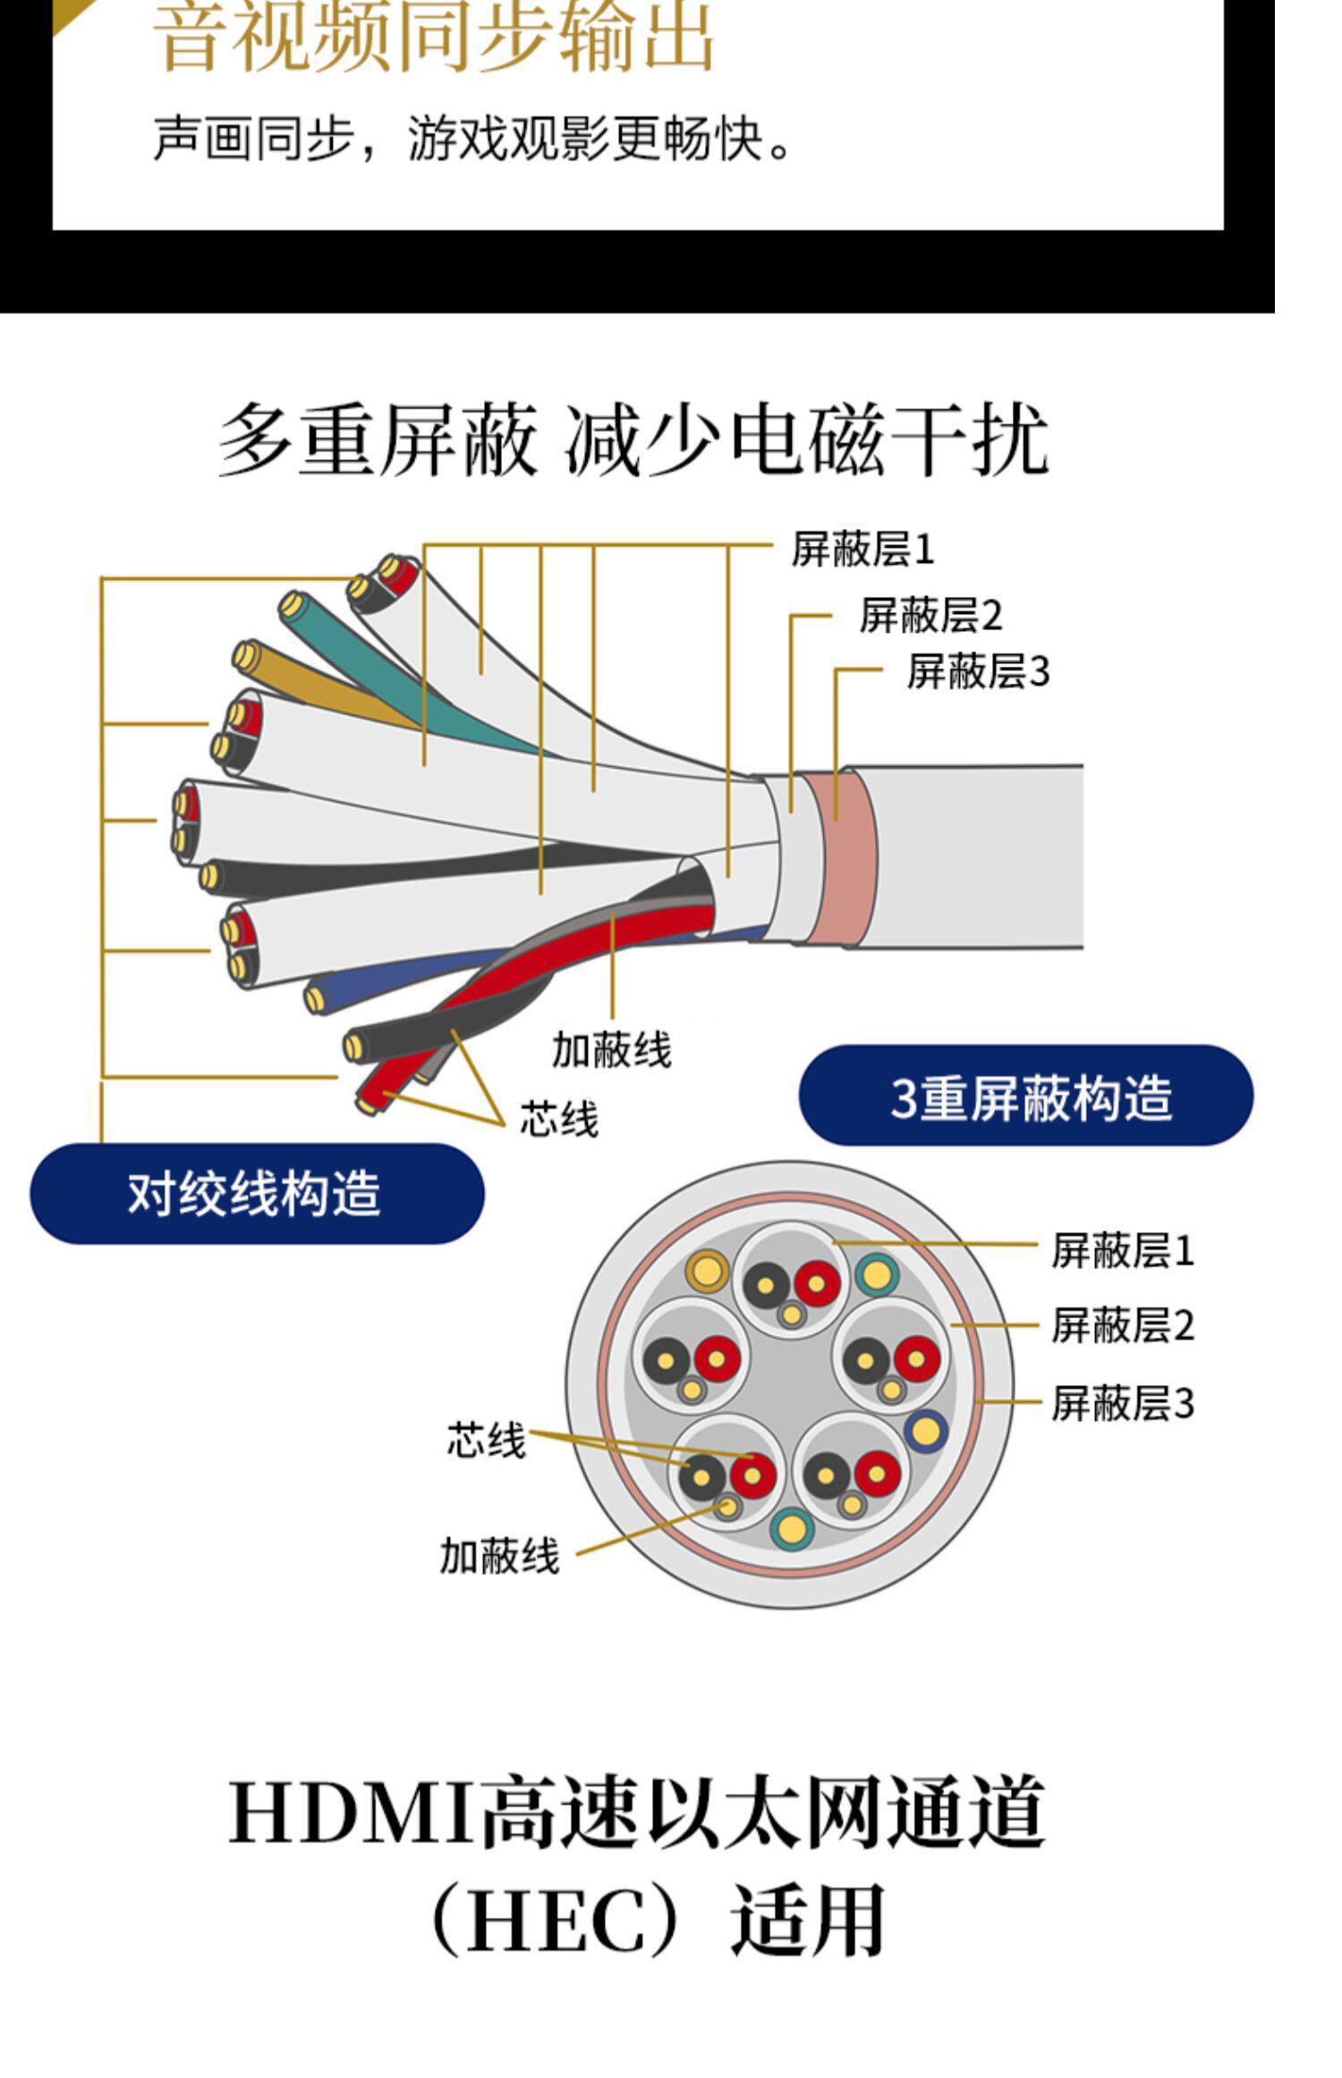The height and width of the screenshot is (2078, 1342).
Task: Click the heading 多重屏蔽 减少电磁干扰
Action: coord(633,441)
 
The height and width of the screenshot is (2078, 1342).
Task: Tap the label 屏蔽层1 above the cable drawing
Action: coord(862,549)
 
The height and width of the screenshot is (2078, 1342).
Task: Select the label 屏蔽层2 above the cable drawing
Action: coord(930,616)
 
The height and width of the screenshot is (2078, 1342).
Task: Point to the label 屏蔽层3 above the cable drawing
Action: coord(978,672)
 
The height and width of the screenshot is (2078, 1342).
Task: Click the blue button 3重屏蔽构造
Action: coord(1025,1096)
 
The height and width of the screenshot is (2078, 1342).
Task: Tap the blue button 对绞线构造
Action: coord(257,1194)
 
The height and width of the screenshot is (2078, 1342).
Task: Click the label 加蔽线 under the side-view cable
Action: coord(611,1050)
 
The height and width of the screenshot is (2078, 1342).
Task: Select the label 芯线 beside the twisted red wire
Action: coord(559,1119)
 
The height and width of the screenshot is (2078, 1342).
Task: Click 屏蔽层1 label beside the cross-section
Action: coord(1122,1251)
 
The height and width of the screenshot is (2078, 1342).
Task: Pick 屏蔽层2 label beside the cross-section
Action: coord(1122,1325)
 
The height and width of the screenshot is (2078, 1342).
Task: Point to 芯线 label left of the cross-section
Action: coord(486,1440)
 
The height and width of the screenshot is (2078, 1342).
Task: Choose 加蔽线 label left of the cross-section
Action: coord(499,1557)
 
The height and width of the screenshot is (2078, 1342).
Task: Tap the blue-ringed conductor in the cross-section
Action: coord(926,1432)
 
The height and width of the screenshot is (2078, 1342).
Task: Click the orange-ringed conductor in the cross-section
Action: coord(708,1269)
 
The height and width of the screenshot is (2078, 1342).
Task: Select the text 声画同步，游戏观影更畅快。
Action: coord(473,141)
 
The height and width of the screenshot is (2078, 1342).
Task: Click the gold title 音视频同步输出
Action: coord(435,38)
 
